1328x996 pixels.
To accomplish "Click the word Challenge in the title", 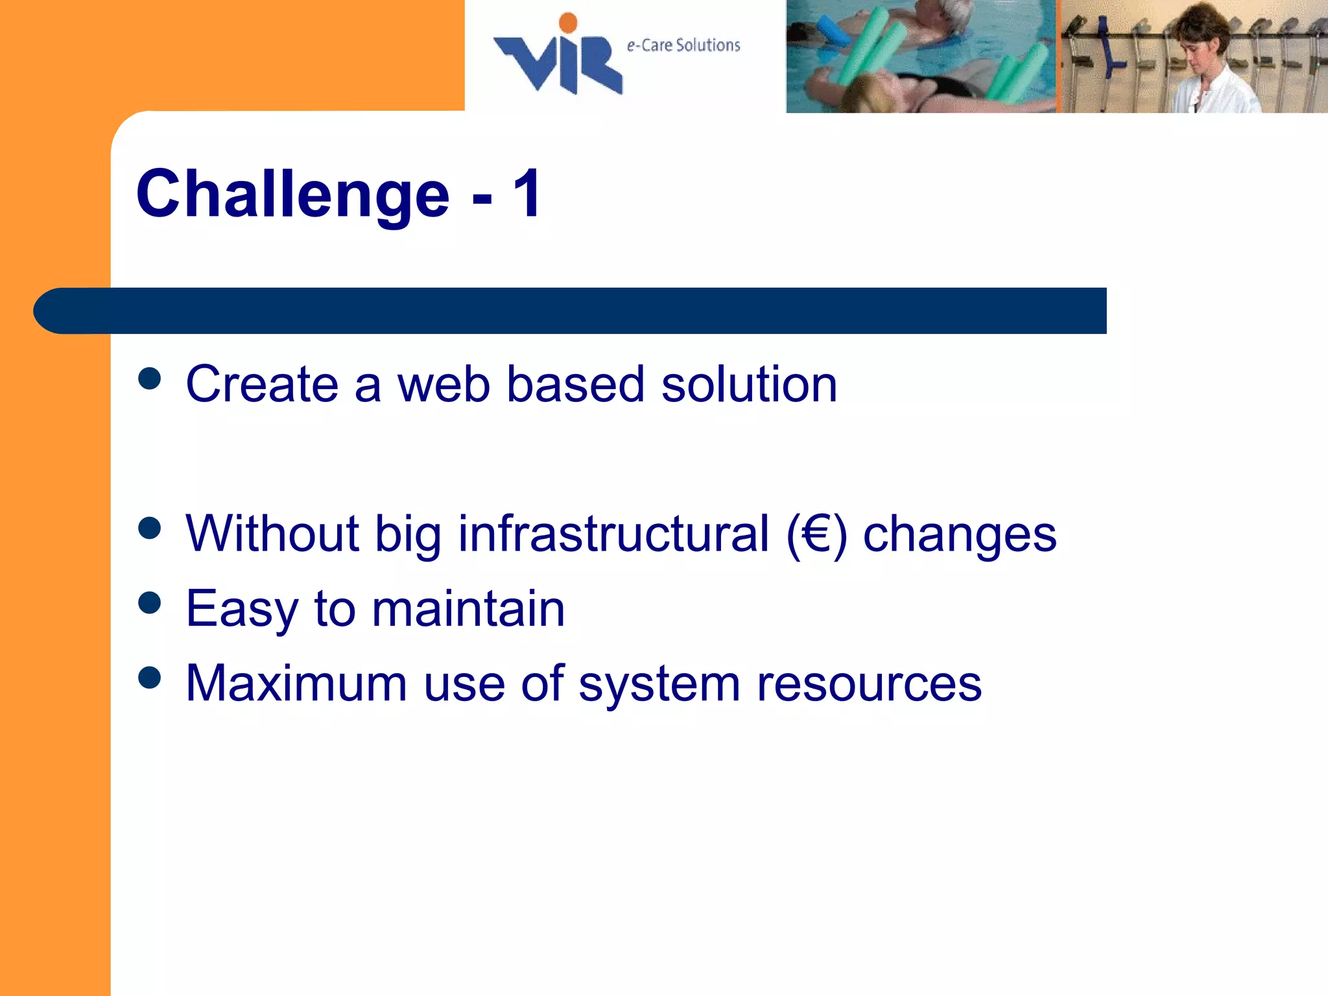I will [x=292, y=195].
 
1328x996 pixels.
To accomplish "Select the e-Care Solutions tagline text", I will [x=683, y=45].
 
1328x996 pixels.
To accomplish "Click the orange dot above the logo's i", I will [x=568, y=23].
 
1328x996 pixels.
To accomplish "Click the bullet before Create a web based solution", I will [x=150, y=379].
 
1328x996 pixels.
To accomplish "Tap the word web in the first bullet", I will [x=443, y=385].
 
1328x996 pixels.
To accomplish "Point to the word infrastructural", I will [x=613, y=534].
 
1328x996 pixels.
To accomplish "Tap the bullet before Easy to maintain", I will [x=150, y=603].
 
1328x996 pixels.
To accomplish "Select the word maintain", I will [x=468, y=609].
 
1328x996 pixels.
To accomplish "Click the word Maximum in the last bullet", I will [x=296, y=683].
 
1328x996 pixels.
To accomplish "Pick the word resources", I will [x=869, y=685].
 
